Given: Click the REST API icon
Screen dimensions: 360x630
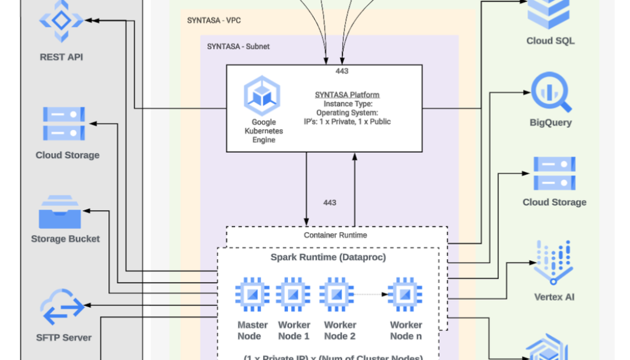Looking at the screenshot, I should (61, 22).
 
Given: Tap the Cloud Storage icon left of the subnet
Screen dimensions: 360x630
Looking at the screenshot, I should (64, 123).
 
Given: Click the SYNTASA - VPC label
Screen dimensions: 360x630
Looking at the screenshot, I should (214, 21).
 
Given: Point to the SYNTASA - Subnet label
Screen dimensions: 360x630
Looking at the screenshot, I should (238, 47).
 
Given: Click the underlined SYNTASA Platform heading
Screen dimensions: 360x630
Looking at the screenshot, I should (347, 95).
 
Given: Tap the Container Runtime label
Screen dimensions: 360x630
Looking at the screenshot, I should (335, 235).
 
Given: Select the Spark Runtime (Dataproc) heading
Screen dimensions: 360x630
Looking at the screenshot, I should (329, 257).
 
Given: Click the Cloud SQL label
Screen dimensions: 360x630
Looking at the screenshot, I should (550, 41).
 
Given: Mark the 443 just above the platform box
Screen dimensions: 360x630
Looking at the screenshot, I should (342, 71).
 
